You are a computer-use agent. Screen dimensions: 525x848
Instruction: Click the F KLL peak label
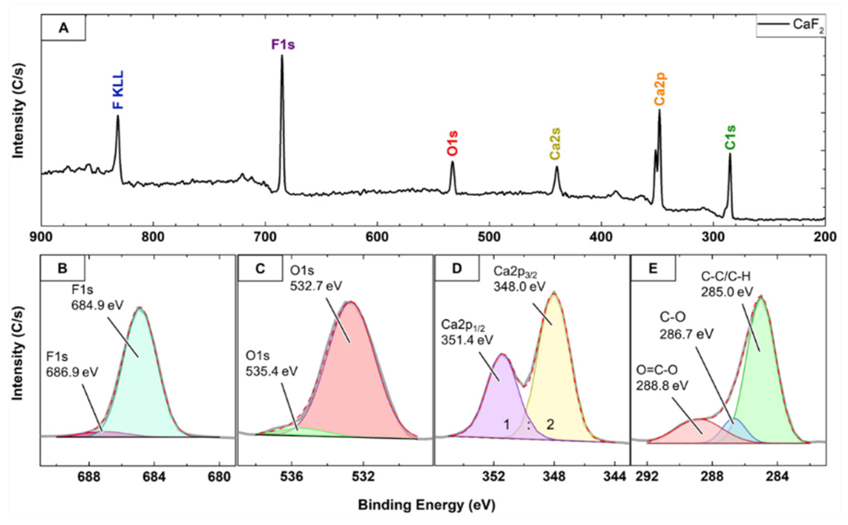point(118,90)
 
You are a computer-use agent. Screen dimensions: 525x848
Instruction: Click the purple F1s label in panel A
point(283,45)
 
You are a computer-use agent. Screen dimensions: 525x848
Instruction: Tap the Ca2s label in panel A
point(555,144)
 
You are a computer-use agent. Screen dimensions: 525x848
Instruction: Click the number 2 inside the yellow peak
point(550,425)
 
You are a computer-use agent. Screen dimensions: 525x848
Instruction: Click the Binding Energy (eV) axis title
point(427,505)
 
